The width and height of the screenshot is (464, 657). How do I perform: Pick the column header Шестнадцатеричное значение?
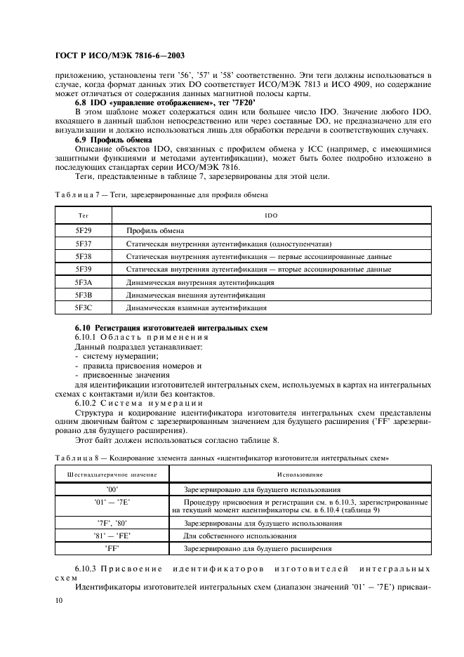pyautogui.click(x=112, y=475)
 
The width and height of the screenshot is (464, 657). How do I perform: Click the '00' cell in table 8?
pyautogui.click(x=112, y=489)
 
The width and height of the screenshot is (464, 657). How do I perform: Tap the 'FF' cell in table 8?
pyautogui.click(x=112, y=548)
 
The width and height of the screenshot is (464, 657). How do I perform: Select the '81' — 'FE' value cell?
pyautogui.click(x=112, y=536)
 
